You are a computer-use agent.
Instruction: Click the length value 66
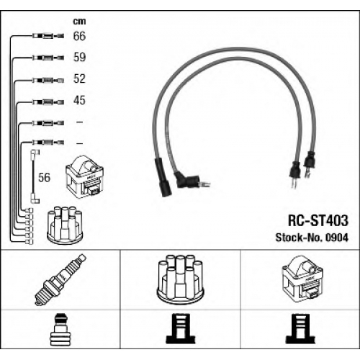(79, 36)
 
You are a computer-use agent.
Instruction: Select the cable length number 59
(79, 57)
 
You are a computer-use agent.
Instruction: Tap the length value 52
(79, 78)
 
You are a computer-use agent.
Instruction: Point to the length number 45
(79, 100)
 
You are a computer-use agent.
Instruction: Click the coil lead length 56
(45, 177)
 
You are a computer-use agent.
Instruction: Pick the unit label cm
(79, 22)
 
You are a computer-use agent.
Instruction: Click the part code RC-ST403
(318, 220)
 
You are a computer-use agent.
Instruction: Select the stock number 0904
(336, 238)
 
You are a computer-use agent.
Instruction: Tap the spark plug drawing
(60, 279)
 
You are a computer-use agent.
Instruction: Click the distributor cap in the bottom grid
(180, 279)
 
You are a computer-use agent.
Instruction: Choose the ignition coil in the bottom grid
(302, 278)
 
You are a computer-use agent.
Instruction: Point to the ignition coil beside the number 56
(84, 176)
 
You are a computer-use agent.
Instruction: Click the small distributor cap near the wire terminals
(65, 224)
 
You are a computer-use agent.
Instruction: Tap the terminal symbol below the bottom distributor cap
(181, 329)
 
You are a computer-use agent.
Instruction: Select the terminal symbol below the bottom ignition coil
(300, 329)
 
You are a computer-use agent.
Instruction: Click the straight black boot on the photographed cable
(163, 178)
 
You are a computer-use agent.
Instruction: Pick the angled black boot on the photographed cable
(187, 179)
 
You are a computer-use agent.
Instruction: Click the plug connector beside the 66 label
(48, 36)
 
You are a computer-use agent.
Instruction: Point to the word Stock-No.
(299, 238)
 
